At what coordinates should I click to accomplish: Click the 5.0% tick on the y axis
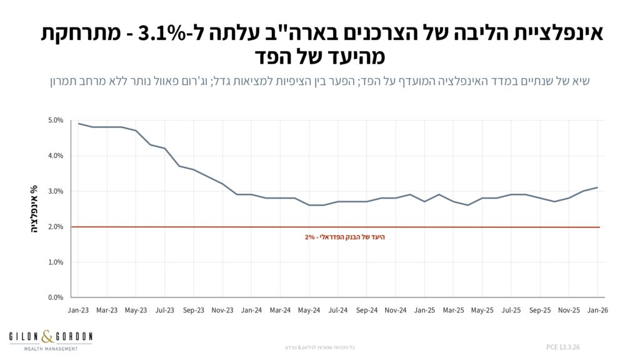tap(56, 120)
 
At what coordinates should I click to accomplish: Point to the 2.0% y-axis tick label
tap(56, 227)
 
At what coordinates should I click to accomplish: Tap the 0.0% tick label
tap(56, 297)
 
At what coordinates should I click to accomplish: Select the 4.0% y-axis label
tap(56, 156)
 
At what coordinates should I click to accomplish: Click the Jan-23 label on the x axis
tap(78, 310)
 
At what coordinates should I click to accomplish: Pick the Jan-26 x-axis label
tap(597, 310)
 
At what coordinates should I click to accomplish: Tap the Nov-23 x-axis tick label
tap(222, 310)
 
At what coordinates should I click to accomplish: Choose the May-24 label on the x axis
tap(309, 310)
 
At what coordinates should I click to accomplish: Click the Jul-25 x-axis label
tap(511, 310)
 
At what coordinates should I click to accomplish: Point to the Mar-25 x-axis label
tap(453, 310)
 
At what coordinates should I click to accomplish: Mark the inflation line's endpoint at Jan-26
tap(597, 187)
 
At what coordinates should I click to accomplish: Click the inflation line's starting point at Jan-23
tap(78, 123)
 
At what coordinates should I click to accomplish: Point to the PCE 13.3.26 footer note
tap(562, 346)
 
